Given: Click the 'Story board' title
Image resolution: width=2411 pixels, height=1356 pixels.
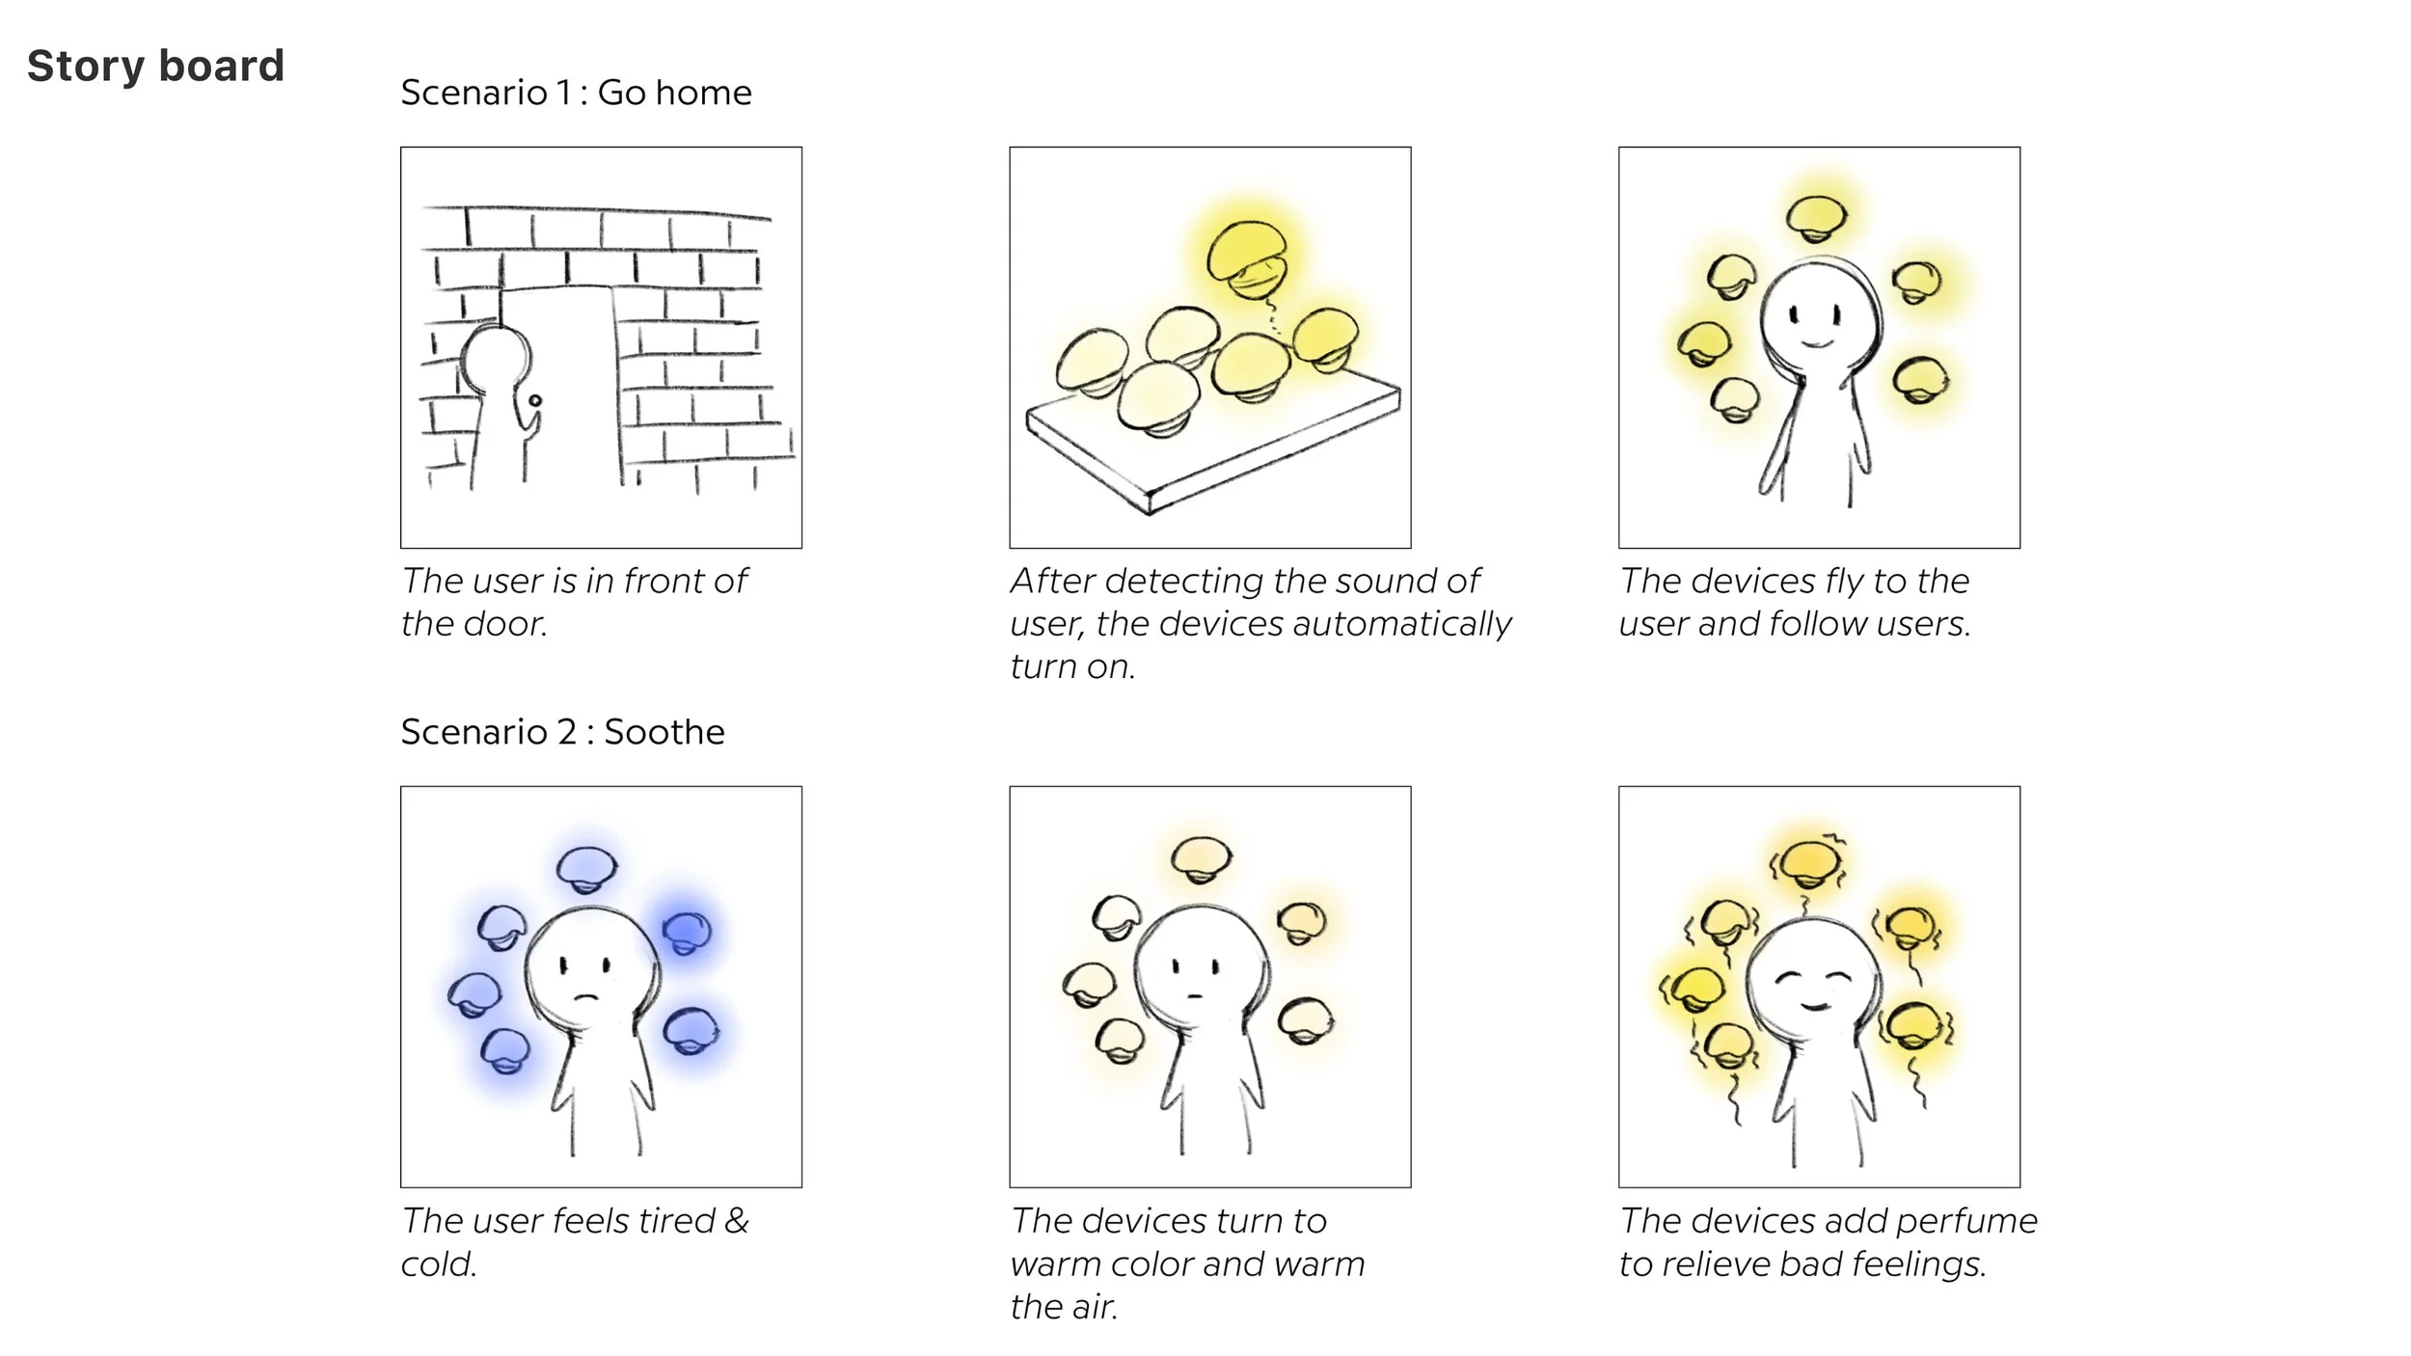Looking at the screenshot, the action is pyautogui.click(x=155, y=67).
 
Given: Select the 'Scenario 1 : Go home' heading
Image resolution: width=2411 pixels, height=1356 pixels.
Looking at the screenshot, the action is pyautogui.click(x=576, y=93).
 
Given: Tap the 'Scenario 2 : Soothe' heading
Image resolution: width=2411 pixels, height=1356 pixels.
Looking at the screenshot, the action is pyautogui.click(x=562, y=732).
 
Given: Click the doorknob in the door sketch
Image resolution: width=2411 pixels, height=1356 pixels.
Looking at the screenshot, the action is pyautogui.click(x=535, y=400).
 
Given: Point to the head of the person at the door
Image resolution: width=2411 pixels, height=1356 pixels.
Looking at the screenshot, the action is pyautogui.click(x=496, y=359).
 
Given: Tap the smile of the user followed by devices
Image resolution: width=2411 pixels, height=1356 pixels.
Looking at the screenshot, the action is pyautogui.click(x=1818, y=342).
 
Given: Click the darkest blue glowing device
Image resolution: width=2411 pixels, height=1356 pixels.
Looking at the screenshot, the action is pyautogui.click(x=687, y=932).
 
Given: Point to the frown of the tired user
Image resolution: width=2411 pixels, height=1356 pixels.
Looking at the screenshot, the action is pyautogui.click(x=586, y=997).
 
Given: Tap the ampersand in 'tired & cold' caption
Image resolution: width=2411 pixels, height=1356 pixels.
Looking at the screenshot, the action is pyautogui.click(x=736, y=1221).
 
